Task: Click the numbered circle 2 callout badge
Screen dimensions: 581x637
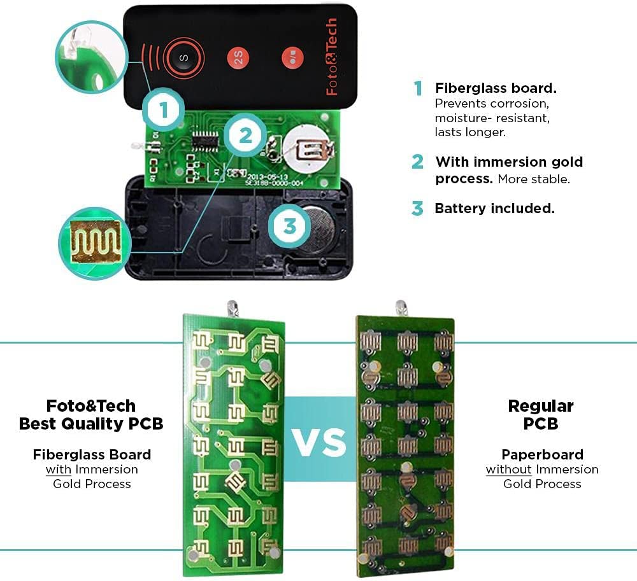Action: [x=245, y=135]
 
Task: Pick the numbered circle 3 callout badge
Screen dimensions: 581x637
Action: [x=290, y=226]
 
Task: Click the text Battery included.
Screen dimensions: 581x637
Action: [x=494, y=208]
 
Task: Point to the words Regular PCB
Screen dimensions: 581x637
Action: [x=541, y=414]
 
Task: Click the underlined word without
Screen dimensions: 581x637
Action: [x=508, y=469]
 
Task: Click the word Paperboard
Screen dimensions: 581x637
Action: [x=542, y=454]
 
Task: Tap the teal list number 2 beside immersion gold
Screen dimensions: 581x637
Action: [x=418, y=162]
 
